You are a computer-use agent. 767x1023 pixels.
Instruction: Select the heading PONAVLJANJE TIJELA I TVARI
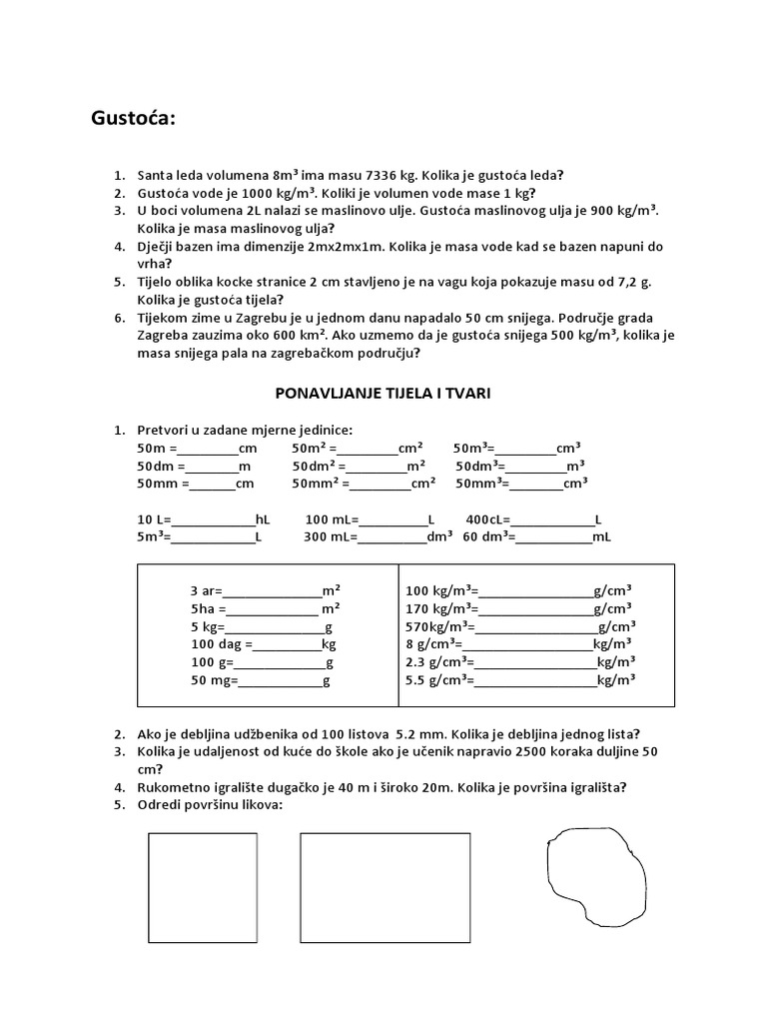383,395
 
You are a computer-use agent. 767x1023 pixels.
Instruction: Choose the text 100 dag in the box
216,644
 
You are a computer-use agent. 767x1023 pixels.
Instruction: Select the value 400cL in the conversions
487,519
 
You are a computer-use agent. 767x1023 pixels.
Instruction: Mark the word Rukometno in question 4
175,787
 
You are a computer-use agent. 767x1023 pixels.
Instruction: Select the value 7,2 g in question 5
627,283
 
